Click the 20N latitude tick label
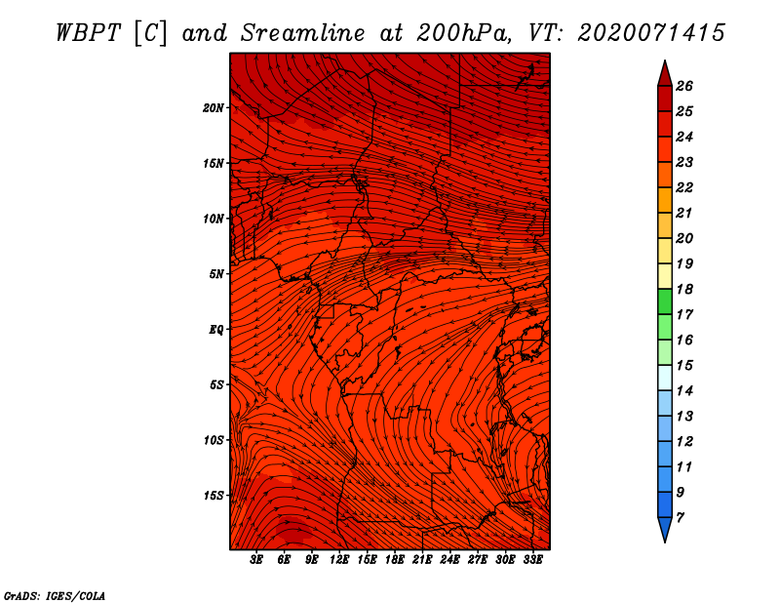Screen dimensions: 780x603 click(214, 107)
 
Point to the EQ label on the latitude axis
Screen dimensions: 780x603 click(215, 329)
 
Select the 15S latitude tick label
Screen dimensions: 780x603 click(214, 496)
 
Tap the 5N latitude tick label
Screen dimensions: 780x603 click(216, 274)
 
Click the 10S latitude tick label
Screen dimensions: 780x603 click(214, 440)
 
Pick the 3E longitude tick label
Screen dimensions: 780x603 click(256, 560)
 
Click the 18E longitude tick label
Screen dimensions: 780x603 click(395, 560)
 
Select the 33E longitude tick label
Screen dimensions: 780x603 click(532, 560)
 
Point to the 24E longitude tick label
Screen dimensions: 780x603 click(449, 560)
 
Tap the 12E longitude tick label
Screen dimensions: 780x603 click(339, 560)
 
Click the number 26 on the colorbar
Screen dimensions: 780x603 click(684, 86)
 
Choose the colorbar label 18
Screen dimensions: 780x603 click(684, 289)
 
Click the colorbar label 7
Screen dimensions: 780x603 click(680, 518)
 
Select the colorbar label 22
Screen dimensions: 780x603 click(684, 187)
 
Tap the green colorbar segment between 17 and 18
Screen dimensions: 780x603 click(665, 301)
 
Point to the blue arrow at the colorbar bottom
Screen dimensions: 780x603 click(665, 528)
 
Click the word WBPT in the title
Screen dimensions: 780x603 click(88, 33)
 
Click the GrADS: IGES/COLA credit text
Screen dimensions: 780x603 click(55, 595)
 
